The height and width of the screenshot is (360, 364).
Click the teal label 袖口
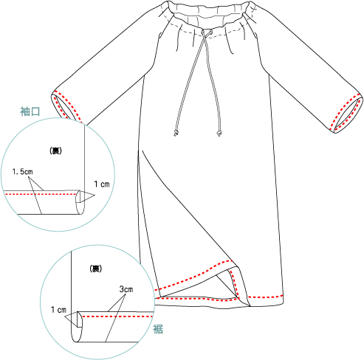click(x=30, y=111)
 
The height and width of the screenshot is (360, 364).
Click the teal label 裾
click(x=158, y=329)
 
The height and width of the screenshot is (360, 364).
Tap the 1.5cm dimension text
click(x=22, y=172)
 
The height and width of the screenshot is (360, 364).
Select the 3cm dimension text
click(x=126, y=289)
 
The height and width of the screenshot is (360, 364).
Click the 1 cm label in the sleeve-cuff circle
click(x=102, y=184)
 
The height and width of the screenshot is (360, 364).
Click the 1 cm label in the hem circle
click(x=58, y=310)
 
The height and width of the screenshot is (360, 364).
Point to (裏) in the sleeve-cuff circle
click(x=55, y=150)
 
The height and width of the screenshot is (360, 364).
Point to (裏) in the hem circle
click(x=95, y=269)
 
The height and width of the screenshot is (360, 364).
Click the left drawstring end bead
click(x=176, y=134)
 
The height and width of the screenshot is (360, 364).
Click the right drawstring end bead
click(x=219, y=134)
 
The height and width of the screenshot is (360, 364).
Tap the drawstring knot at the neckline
click(x=204, y=32)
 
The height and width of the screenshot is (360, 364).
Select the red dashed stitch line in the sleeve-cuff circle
click(x=41, y=194)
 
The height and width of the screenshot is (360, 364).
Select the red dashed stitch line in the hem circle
click(x=117, y=316)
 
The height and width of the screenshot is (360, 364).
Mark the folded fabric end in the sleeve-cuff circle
click(x=80, y=201)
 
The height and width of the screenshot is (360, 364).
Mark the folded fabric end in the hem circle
click(x=77, y=327)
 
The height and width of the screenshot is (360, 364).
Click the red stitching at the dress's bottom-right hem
click(x=265, y=297)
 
